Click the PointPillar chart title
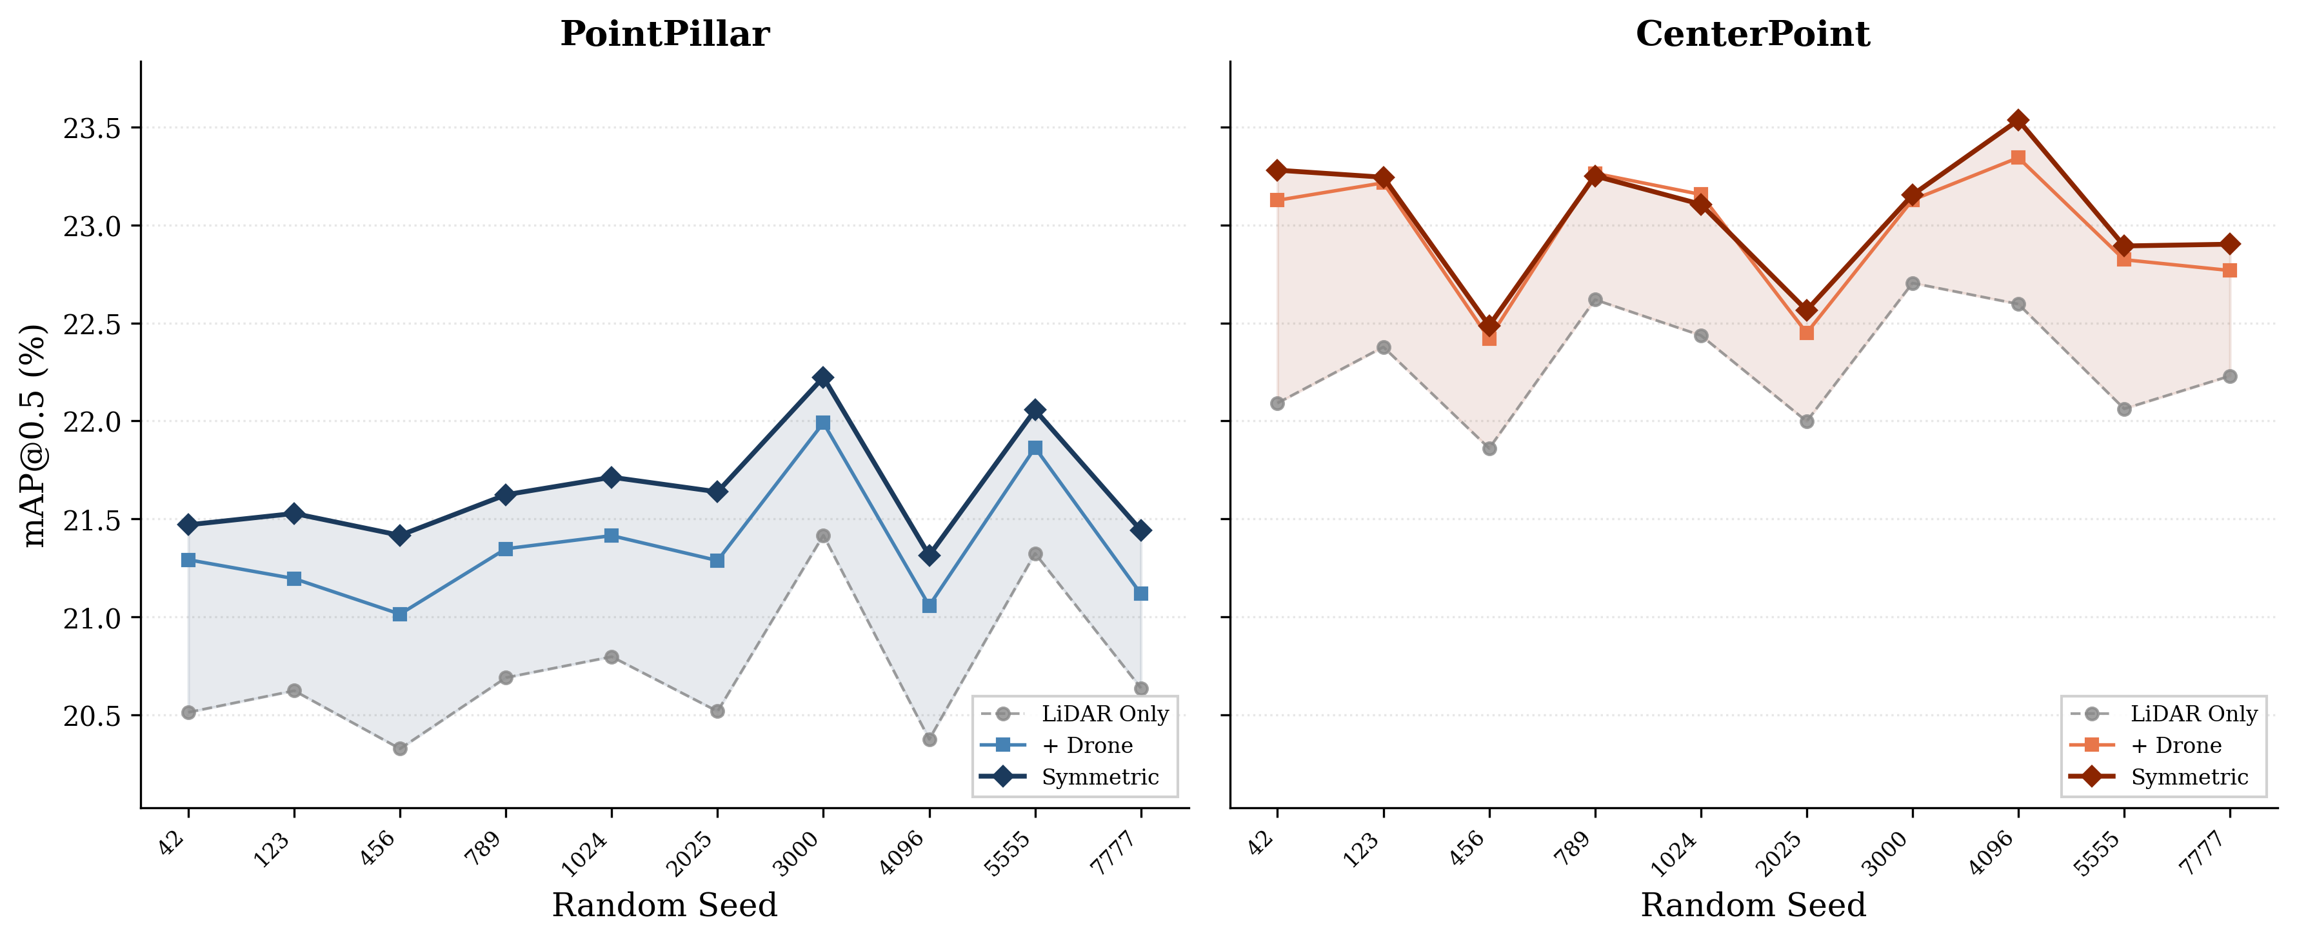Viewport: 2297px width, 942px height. pyautogui.click(x=664, y=34)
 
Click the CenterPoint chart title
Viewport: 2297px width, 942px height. pyautogui.click(x=1752, y=34)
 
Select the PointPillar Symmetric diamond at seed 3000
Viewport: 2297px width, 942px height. pyautogui.click(x=823, y=378)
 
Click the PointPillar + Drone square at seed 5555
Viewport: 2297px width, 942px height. pyautogui.click(x=1035, y=448)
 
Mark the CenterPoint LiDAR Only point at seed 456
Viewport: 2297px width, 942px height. pyautogui.click(x=1489, y=448)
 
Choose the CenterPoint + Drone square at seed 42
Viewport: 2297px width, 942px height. pyautogui.click(x=1277, y=200)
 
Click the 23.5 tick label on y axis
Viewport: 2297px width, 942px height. pyautogui.click(x=91, y=128)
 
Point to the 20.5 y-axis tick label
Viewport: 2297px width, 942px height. pyautogui.click(x=91, y=716)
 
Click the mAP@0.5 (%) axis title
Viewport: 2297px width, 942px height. pyautogui.click(x=34, y=436)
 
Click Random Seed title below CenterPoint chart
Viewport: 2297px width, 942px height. pyautogui.click(x=1752, y=905)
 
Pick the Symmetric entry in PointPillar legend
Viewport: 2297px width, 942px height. pyautogui.click(x=1099, y=777)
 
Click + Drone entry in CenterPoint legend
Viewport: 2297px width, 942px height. pyautogui.click(x=2175, y=745)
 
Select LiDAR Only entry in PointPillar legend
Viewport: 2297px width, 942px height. pyautogui.click(x=1104, y=714)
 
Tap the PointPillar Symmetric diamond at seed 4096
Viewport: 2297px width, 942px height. pyautogui.click(x=929, y=556)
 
